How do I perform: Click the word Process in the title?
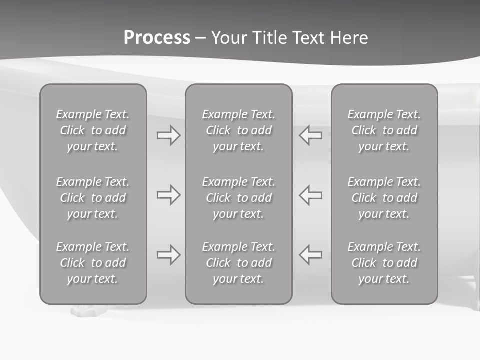coord(157,38)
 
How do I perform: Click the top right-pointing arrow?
coord(169,135)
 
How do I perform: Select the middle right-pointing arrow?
coord(169,195)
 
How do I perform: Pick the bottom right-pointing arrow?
coord(169,255)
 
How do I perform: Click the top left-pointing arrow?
coord(310,135)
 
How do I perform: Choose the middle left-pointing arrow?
coord(310,195)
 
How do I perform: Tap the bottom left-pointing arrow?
coord(310,255)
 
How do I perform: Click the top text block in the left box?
coord(93,130)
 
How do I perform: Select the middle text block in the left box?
coord(93,198)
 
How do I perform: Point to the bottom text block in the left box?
coord(93,263)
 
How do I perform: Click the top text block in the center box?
coord(238,130)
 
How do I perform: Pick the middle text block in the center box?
coord(238,198)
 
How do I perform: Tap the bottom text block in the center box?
coord(238,263)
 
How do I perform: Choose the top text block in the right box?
coord(384,130)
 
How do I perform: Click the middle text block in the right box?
coord(384,198)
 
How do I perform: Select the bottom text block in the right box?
coord(384,263)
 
